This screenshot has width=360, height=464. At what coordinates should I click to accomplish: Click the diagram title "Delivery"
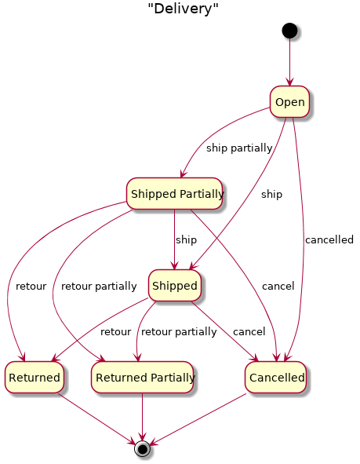[x=183, y=9]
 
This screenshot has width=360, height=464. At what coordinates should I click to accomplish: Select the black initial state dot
[x=289, y=31]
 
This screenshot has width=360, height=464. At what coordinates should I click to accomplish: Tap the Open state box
[x=289, y=102]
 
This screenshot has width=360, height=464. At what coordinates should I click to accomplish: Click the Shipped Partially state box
[x=174, y=194]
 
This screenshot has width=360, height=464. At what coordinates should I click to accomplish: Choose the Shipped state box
[x=175, y=286]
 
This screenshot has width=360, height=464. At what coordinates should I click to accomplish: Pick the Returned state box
[x=35, y=378]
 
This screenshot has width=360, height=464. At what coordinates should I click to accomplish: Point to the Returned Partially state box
[x=143, y=378]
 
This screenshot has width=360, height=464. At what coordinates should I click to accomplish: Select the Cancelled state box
[x=276, y=378]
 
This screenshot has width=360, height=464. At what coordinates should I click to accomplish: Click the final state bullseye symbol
[x=142, y=449]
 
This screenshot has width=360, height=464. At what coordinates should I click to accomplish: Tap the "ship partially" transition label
[x=239, y=148]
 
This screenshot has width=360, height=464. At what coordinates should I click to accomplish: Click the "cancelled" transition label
[x=329, y=239]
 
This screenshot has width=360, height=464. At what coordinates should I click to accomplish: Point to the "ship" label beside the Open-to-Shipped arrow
[x=271, y=194]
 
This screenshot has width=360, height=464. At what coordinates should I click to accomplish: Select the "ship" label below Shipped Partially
[x=186, y=239]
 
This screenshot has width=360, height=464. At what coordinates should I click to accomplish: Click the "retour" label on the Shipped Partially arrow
[x=31, y=286]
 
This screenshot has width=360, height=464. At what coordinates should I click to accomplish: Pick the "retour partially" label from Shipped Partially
[x=99, y=286]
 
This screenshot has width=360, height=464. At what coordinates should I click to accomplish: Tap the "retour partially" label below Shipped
[x=179, y=332]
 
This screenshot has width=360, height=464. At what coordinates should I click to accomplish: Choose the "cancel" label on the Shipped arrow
[x=249, y=332]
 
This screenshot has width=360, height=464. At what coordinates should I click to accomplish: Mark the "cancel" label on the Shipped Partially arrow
[x=278, y=286]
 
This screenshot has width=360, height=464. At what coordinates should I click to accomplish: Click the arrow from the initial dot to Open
[x=289, y=62]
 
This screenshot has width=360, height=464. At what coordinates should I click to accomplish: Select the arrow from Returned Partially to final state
[x=143, y=417]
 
